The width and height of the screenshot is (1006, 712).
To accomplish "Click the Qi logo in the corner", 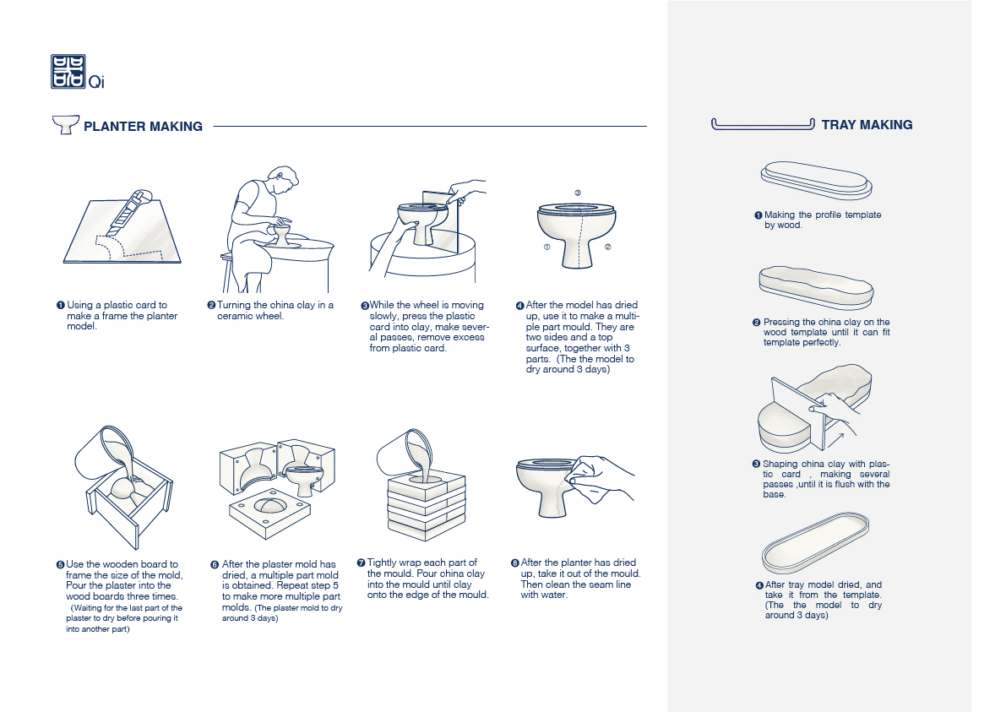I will (68, 72).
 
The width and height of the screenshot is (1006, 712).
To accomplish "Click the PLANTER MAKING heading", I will (143, 127).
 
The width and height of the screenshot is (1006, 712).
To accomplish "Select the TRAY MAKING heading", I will (867, 125).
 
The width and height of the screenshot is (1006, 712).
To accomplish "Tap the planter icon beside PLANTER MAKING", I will (65, 125).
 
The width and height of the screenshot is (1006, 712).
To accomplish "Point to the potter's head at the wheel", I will (285, 180).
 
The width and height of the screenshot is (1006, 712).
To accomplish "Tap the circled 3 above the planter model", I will (577, 193).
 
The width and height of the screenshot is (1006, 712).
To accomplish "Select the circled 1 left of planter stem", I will (547, 247).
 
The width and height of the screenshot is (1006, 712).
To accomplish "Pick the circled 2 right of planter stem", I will (608, 247).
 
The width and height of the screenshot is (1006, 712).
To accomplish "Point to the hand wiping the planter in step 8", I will (602, 473).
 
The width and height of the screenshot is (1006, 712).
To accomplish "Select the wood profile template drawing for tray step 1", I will (815, 179).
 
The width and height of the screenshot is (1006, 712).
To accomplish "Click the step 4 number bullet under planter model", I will (520, 306).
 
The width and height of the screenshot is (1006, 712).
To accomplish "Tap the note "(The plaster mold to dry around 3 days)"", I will (282, 613).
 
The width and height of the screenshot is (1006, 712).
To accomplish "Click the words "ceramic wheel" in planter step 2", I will (251, 316).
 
